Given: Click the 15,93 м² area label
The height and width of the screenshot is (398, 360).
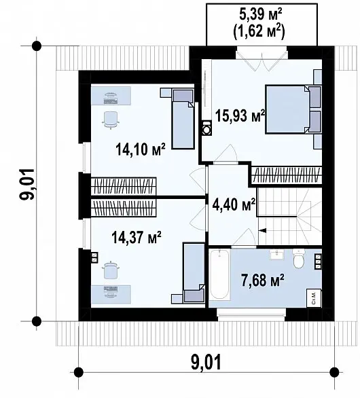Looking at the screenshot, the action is (240, 115).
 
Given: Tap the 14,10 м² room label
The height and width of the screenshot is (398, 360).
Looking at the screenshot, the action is (141, 149).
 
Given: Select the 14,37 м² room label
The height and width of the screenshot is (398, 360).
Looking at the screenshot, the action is (137, 238).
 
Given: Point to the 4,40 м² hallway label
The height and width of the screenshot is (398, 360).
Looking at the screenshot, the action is (234, 205).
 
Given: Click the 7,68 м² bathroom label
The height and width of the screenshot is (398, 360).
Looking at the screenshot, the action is (262, 281).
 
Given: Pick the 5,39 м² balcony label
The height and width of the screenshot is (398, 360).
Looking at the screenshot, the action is (261, 15).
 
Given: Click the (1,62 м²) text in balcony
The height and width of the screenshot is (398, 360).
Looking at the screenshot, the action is (259, 32).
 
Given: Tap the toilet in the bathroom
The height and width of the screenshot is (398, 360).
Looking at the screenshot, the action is (299, 258).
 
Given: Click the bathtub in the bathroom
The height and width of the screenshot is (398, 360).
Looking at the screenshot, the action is (219, 275).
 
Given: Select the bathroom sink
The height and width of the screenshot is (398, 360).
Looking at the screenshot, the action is (277, 255).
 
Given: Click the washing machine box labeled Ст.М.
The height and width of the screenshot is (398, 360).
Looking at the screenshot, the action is (314, 299).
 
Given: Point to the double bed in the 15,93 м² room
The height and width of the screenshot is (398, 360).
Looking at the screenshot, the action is (293, 109).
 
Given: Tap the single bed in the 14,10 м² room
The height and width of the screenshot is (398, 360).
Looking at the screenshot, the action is (183, 119).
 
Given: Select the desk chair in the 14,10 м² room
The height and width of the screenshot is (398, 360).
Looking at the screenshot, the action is (111, 120).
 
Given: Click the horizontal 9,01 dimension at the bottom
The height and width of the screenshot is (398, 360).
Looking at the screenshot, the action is (206, 363).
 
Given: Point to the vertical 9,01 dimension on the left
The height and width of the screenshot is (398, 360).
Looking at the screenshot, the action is (27, 184).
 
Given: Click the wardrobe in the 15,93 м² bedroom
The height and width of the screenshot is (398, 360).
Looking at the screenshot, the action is (287, 175).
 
